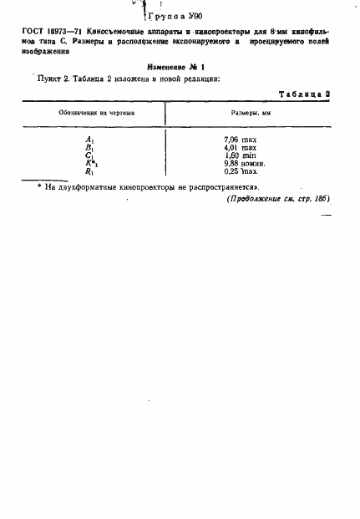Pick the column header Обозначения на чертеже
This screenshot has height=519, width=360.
[x=88, y=112]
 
